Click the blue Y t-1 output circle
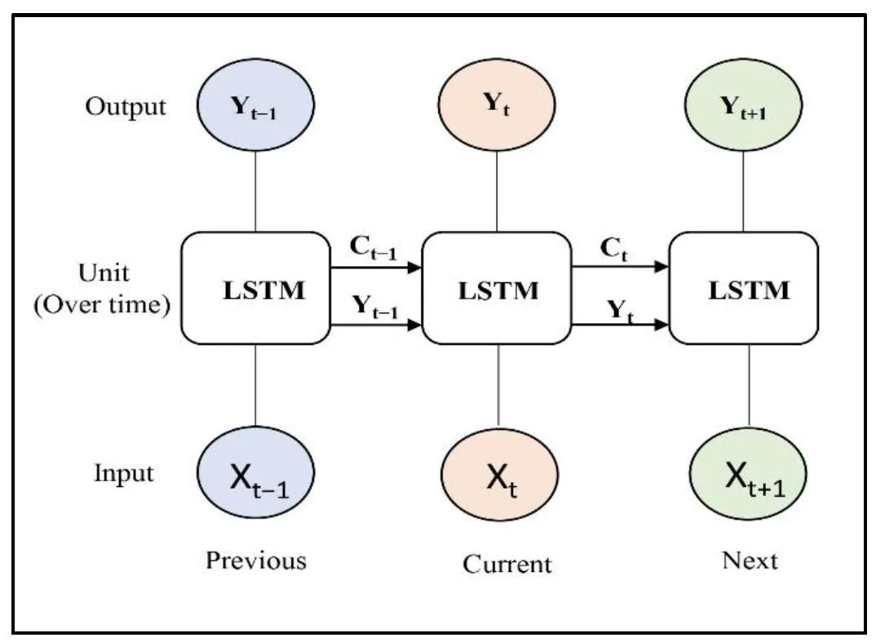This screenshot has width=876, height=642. pyautogui.click(x=256, y=107)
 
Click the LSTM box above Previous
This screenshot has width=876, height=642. pyautogui.click(x=254, y=287)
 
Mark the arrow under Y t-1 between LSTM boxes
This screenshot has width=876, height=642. pyautogui.click(x=375, y=325)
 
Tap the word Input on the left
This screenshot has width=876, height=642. pyautogui.click(x=123, y=473)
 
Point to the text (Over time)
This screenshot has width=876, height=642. pyautogui.click(x=102, y=306)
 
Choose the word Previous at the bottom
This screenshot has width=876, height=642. pyautogui.click(x=256, y=561)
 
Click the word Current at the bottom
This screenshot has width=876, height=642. pyautogui.click(x=507, y=564)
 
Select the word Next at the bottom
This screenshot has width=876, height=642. pyautogui.click(x=750, y=561)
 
